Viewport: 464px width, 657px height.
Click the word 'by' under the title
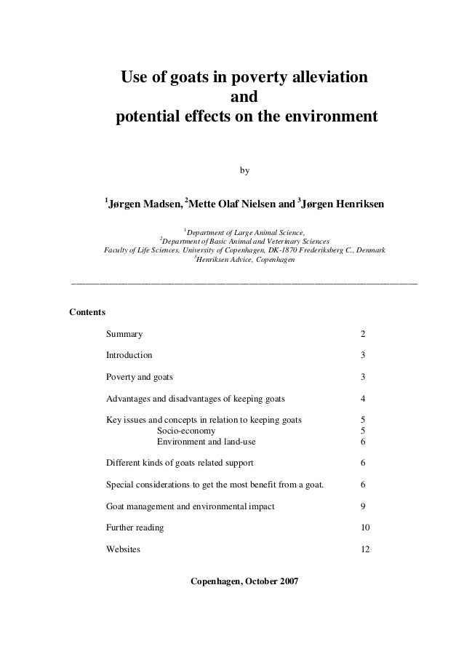pos(244,171)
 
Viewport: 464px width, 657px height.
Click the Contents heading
pos(87,312)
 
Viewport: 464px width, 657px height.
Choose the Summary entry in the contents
pos(124,334)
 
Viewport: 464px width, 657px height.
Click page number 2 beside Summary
pos(364,334)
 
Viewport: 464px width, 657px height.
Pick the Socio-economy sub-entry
pos(186,431)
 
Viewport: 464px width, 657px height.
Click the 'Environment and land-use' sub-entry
pos(206,442)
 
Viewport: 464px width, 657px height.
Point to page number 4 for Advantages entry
pos(364,399)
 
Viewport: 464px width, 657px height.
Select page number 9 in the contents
pos(364,506)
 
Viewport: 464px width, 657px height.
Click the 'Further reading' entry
pos(135,527)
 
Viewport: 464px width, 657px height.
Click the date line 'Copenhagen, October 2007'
pos(244,583)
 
